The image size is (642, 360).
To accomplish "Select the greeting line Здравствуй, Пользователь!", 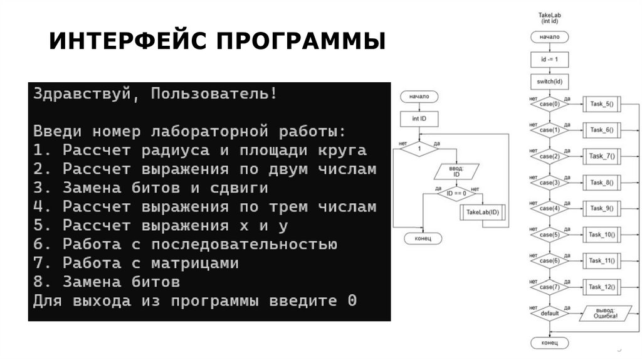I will [x=154, y=94].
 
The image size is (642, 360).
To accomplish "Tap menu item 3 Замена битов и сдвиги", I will [x=150, y=188].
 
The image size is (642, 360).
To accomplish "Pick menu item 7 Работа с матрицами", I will [x=135, y=263].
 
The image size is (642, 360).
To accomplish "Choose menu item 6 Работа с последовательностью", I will [x=185, y=244].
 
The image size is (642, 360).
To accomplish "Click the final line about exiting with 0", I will [x=194, y=300].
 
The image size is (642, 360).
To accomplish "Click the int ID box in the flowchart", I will [x=419, y=118].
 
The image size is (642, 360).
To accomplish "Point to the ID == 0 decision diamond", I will [x=457, y=194].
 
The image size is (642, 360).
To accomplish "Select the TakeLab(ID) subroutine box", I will [x=482, y=213].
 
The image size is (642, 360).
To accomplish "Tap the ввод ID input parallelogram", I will [x=457, y=171].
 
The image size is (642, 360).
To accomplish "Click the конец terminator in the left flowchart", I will [x=419, y=238].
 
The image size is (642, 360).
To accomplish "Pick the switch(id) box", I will [x=549, y=82].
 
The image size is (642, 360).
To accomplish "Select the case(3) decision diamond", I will [x=549, y=183].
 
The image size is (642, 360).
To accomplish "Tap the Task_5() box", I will [x=601, y=104].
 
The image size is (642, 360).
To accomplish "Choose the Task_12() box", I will [x=601, y=287].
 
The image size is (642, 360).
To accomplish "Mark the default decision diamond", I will [x=549, y=313].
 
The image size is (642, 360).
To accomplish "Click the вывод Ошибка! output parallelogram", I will [x=605, y=313].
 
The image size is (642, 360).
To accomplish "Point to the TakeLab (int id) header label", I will [x=549, y=18].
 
